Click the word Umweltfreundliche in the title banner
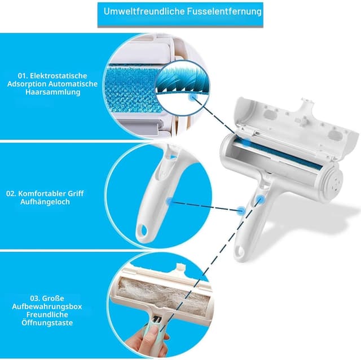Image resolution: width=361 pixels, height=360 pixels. (x=144, y=11)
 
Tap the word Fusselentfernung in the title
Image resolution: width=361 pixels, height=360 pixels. (x=224, y=11)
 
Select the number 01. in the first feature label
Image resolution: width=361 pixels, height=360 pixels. (x=23, y=75)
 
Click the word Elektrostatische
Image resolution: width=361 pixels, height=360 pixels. (x=59, y=75)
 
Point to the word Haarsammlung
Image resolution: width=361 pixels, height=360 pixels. (x=53, y=92)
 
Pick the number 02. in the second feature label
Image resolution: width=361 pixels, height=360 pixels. (x=11, y=193)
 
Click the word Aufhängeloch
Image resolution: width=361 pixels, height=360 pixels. (x=45, y=202)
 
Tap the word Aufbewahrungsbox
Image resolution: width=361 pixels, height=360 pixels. (x=47, y=306)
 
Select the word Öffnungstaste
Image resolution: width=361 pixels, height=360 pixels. (x=47, y=322)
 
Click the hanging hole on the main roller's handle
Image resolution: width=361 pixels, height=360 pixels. (x=240, y=251)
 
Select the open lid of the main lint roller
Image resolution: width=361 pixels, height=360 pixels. (x=297, y=127)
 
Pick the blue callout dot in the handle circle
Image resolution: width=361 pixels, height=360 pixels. (x=170, y=201)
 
